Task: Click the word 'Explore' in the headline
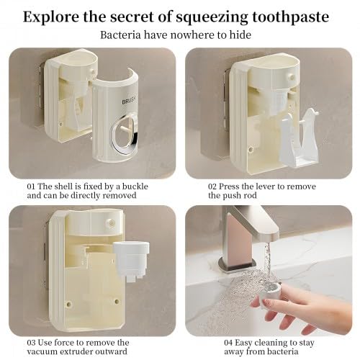tap(51, 17)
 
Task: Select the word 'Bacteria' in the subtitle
tap(120, 35)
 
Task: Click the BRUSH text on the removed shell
tap(129, 100)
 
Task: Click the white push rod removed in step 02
tap(300, 139)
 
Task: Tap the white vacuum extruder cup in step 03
tap(131, 261)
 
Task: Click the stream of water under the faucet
tap(268, 264)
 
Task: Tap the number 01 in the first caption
tap(31, 186)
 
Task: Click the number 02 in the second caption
tap(212, 186)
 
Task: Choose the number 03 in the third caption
tap(31, 343)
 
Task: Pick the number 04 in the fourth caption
tap(229, 343)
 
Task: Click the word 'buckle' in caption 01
tap(135, 186)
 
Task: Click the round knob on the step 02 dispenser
tap(291, 77)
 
